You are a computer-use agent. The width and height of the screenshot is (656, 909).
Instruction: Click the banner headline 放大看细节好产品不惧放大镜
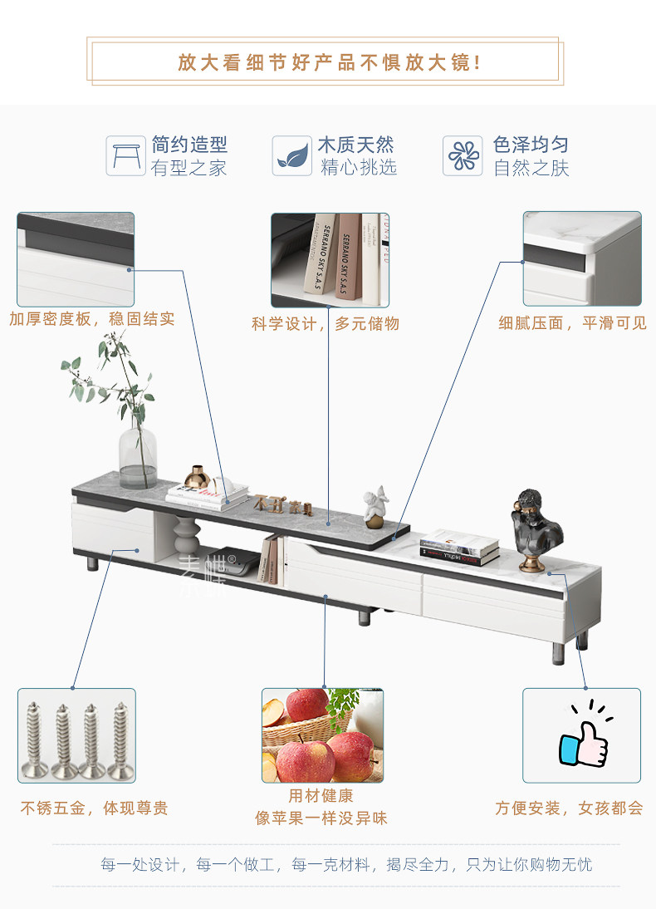[x=329, y=62]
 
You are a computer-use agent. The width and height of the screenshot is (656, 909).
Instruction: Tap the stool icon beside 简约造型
[x=125, y=155]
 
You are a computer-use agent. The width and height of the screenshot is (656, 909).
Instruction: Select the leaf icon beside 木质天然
[x=292, y=155]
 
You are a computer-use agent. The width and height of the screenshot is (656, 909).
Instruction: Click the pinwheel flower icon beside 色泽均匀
[x=463, y=155]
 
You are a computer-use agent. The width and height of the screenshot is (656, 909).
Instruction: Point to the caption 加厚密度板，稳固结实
[x=92, y=319]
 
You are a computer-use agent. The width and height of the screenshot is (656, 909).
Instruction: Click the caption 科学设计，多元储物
[x=326, y=323]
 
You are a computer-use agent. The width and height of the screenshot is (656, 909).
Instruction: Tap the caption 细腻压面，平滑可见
[x=572, y=323]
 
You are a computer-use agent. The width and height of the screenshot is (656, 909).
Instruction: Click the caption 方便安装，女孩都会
[x=569, y=808]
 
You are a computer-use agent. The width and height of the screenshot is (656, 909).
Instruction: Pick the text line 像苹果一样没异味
[x=321, y=818]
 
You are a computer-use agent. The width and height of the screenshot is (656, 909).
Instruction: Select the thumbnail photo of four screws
[x=76, y=735]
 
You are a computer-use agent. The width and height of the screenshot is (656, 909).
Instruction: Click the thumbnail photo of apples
[x=322, y=735]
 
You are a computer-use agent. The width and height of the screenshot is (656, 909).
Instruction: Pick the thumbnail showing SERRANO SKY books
[x=330, y=259]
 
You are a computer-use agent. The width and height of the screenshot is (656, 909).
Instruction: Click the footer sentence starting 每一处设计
[x=346, y=865]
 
